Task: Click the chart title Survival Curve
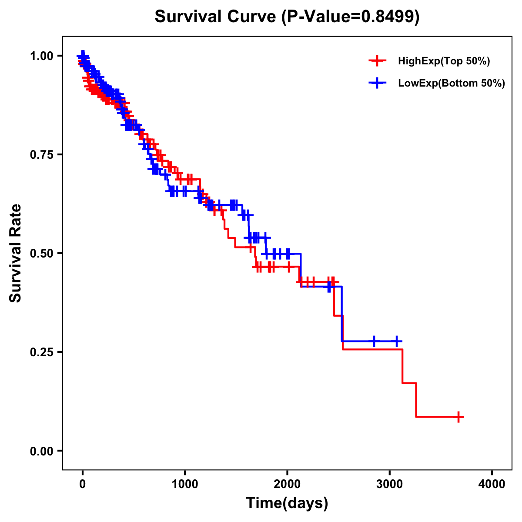tap(215, 17)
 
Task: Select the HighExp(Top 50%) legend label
tap(444, 61)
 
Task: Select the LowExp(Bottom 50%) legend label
tap(452, 84)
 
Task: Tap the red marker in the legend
tap(378, 61)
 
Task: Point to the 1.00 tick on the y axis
tap(42, 56)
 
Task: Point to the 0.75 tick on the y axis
tap(42, 154)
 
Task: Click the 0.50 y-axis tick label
tap(42, 253)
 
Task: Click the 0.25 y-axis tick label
tap(42, 352)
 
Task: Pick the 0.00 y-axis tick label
tap(42, 451)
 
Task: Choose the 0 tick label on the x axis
tap(82, 484)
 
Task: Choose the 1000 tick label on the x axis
tap(185, 484)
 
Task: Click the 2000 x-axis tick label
tap(287, 484)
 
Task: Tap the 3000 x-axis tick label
tap(390, 484)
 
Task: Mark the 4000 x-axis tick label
tap(492, 484)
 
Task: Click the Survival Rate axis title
tap(16, 253)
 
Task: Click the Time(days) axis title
tap(287, 503)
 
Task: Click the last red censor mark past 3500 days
tap(458, 417)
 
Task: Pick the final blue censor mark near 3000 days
tap(397, 341)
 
